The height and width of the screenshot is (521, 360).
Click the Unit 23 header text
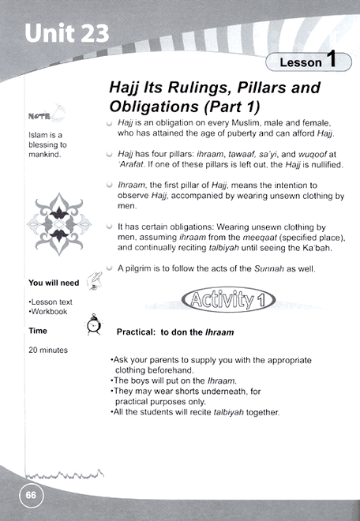(x=67, y=34)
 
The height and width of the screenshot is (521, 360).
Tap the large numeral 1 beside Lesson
(x=332, y=59)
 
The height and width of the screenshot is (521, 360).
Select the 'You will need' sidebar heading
(x=54, y=282)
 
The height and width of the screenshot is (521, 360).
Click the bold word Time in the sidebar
(x=37, y=331)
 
